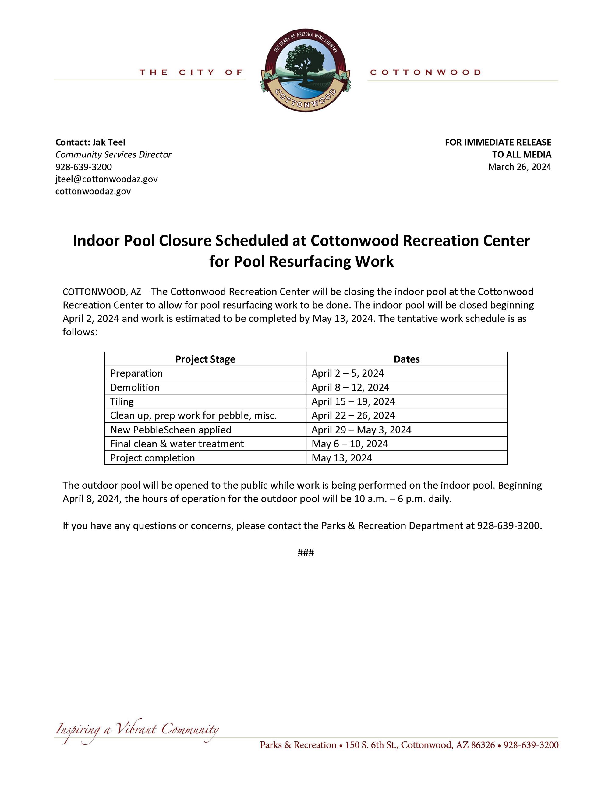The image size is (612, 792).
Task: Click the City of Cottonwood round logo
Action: click(x=305, y=71)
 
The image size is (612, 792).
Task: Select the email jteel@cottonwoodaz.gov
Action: click(x=106, y=179)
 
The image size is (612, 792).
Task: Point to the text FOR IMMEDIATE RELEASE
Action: click(x=498, y=142)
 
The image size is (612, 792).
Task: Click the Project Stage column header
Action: click(x=205, y=359)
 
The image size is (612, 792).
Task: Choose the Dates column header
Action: click(x=406, y=359)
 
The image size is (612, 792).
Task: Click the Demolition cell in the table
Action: click(x=135, y=387)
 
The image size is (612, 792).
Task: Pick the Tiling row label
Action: click(x=122, y=401)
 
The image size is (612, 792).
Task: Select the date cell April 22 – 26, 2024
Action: click(x=353, y=415)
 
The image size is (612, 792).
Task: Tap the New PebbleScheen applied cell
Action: click(x=171, y=430)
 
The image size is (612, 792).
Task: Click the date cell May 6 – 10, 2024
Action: click(x=349, y=444)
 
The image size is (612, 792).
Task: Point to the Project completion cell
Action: click(x=152, y=458)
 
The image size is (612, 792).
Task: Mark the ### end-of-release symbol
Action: click(x=306, y=552)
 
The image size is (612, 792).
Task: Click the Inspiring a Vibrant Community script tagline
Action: click(x=137, y=729)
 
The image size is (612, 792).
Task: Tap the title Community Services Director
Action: click(x=113, y=154)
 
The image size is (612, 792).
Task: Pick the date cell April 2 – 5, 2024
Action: click(x=347, y=373)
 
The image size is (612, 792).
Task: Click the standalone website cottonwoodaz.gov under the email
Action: click(x=93, y=192)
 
